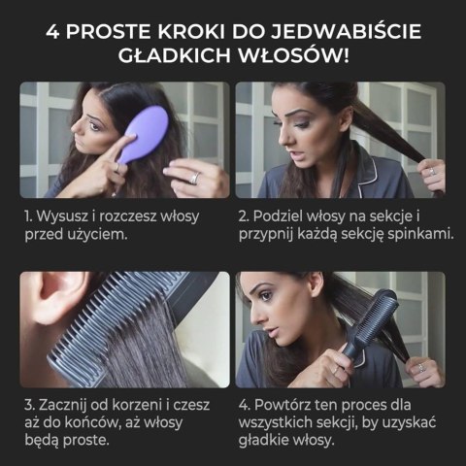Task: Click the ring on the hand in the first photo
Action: pos(193,178)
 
